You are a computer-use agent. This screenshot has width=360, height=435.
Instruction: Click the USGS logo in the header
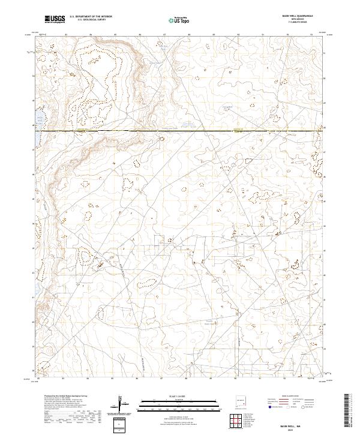(54, 19)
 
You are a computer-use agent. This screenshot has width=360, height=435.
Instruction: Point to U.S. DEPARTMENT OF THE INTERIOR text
(91, 17)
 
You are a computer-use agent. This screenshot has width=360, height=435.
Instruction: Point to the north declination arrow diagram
(122, 404)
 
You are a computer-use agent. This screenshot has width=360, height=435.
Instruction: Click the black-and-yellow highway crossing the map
(180, 130)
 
